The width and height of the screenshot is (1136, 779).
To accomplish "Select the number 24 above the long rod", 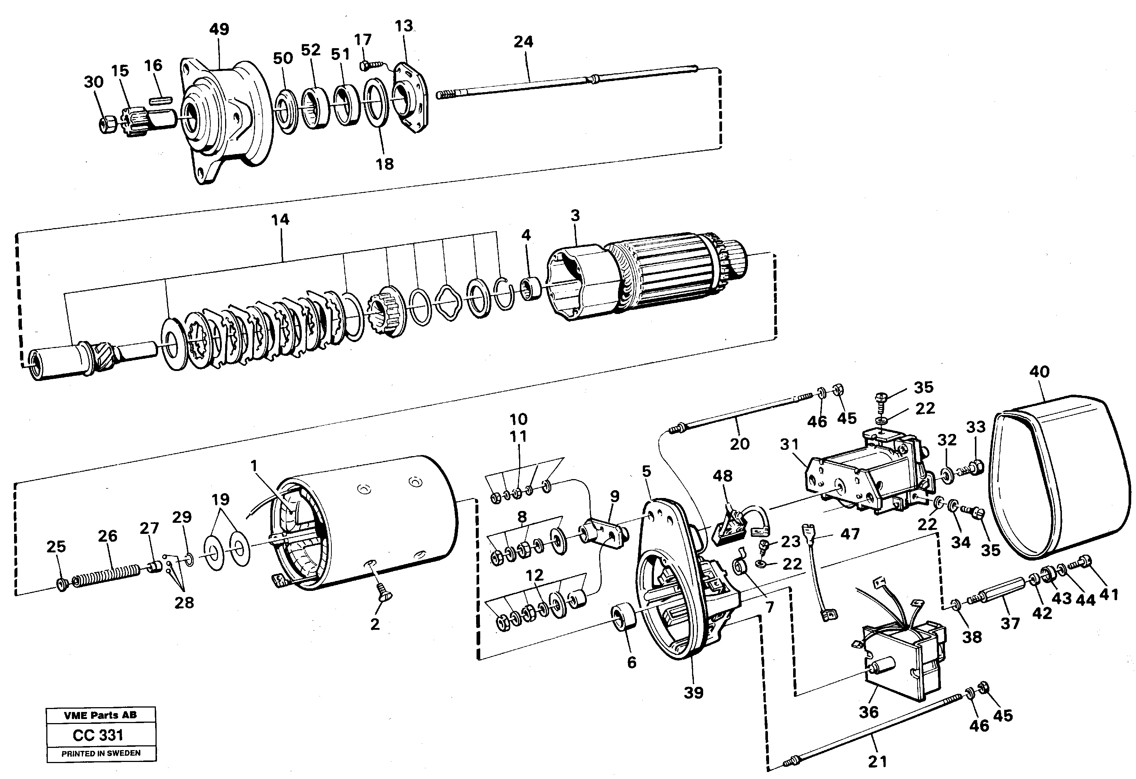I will pyautogui.click(x=523, y=42).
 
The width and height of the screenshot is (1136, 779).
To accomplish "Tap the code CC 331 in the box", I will pyautogui.click(x=98, y=735).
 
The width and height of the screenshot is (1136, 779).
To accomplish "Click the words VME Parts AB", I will pyautogui.click(x=100, y=715).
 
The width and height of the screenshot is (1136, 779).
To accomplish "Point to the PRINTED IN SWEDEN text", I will pyautogui.click(x=101, y=753).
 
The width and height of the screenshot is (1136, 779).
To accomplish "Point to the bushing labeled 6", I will pyautogui.click(x=625, y=618).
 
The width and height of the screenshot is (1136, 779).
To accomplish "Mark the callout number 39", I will pyautogui.click(x=693, y=692).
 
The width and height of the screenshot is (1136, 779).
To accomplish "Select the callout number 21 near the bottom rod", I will pyautogui.click(x=878, y=761).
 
